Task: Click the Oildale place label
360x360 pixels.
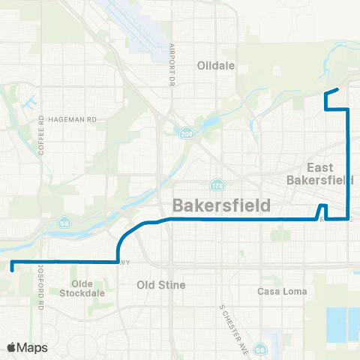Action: pyautogui.click(x=216, y=65)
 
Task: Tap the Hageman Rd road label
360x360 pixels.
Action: pyautogui.click(x=73, y=118)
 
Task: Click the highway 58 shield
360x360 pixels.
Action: pyautogui.click(x=64, y=223)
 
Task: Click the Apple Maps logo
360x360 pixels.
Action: pyautogui.click(x=28, y=347)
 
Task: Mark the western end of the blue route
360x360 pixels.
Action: pyautogui.click(x=12, y=263)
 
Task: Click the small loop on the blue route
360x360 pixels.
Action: pyautogui.click(x=322, y=211)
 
